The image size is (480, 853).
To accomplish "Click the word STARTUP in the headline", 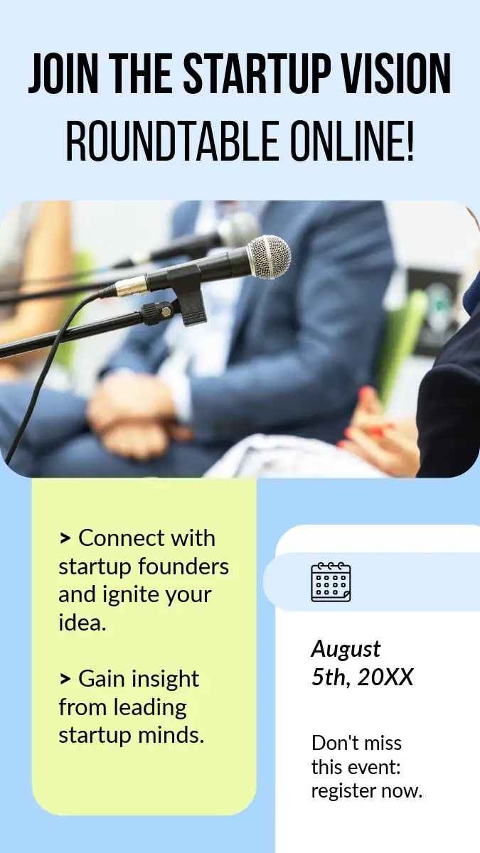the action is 255,73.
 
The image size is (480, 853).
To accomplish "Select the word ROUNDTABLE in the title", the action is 172,141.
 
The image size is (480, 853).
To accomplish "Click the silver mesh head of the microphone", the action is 269,257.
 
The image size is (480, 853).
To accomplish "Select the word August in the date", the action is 346,649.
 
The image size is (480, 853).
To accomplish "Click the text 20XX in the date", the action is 385,677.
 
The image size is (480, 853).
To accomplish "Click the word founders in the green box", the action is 183,567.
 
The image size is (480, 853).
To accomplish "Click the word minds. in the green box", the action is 171,735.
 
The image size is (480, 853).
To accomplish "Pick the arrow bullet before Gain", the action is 65,679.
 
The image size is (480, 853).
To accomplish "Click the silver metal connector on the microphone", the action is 132,286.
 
